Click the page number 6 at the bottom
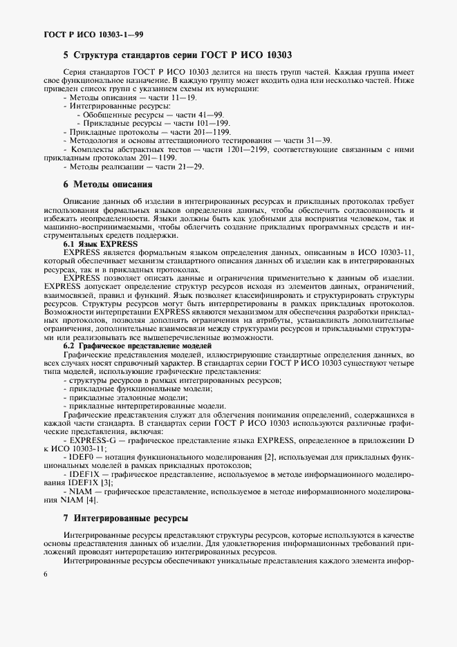click(x=44, y=575)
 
